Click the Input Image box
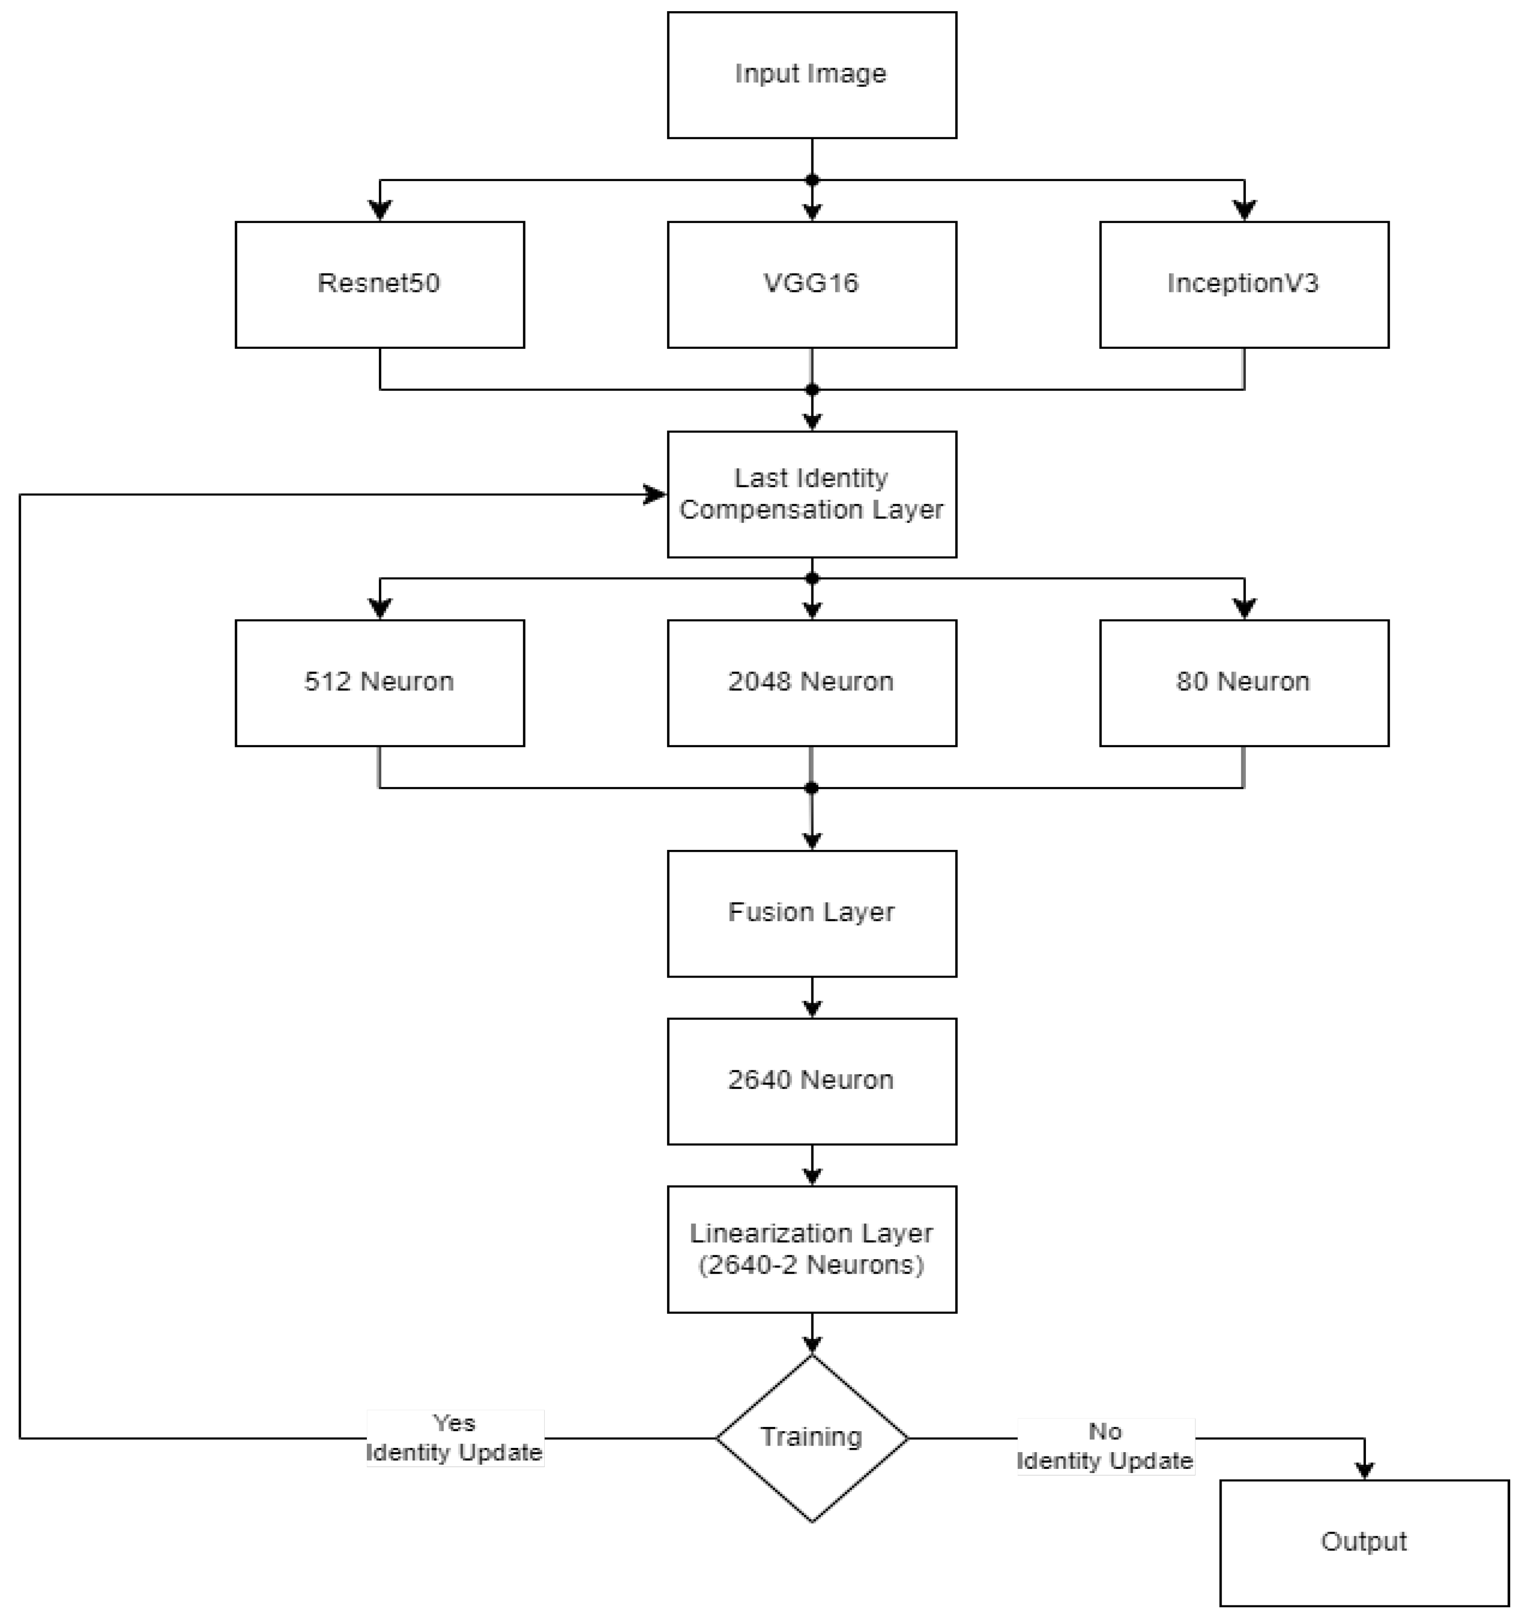tap(811, 75)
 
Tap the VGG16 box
tap(811, 284)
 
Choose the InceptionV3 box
tap(1243, 284)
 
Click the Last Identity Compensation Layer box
tap(811, 494)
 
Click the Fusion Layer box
tap(811, 913)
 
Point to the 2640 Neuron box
tap(811, 1081)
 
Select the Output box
tap(1364, 1542)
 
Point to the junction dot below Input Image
tap(811, 180)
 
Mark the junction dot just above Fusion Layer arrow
tap(811, 788)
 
